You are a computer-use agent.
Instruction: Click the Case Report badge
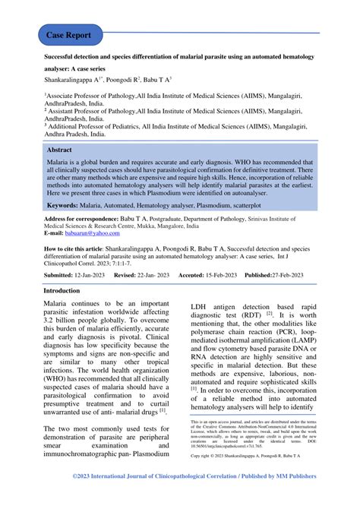[70, 35]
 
